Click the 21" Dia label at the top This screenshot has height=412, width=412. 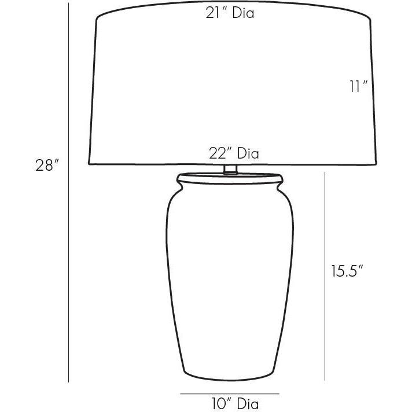[x=230, y=13]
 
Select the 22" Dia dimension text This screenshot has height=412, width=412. [x=234, y=154]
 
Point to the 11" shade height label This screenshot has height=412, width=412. [x=359, y=87]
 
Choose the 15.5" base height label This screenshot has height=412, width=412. [x=347, y=271]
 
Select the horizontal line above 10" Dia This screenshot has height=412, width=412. [x=230, y=393]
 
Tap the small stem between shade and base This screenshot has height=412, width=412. [x=230, y=170]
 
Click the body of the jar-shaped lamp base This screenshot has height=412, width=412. [x=230, y=278]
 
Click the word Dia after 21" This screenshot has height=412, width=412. [x=243, y=13]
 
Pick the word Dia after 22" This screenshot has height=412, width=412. [x=248, y=154]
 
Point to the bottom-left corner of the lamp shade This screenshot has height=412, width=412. [x=89, y=163]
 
